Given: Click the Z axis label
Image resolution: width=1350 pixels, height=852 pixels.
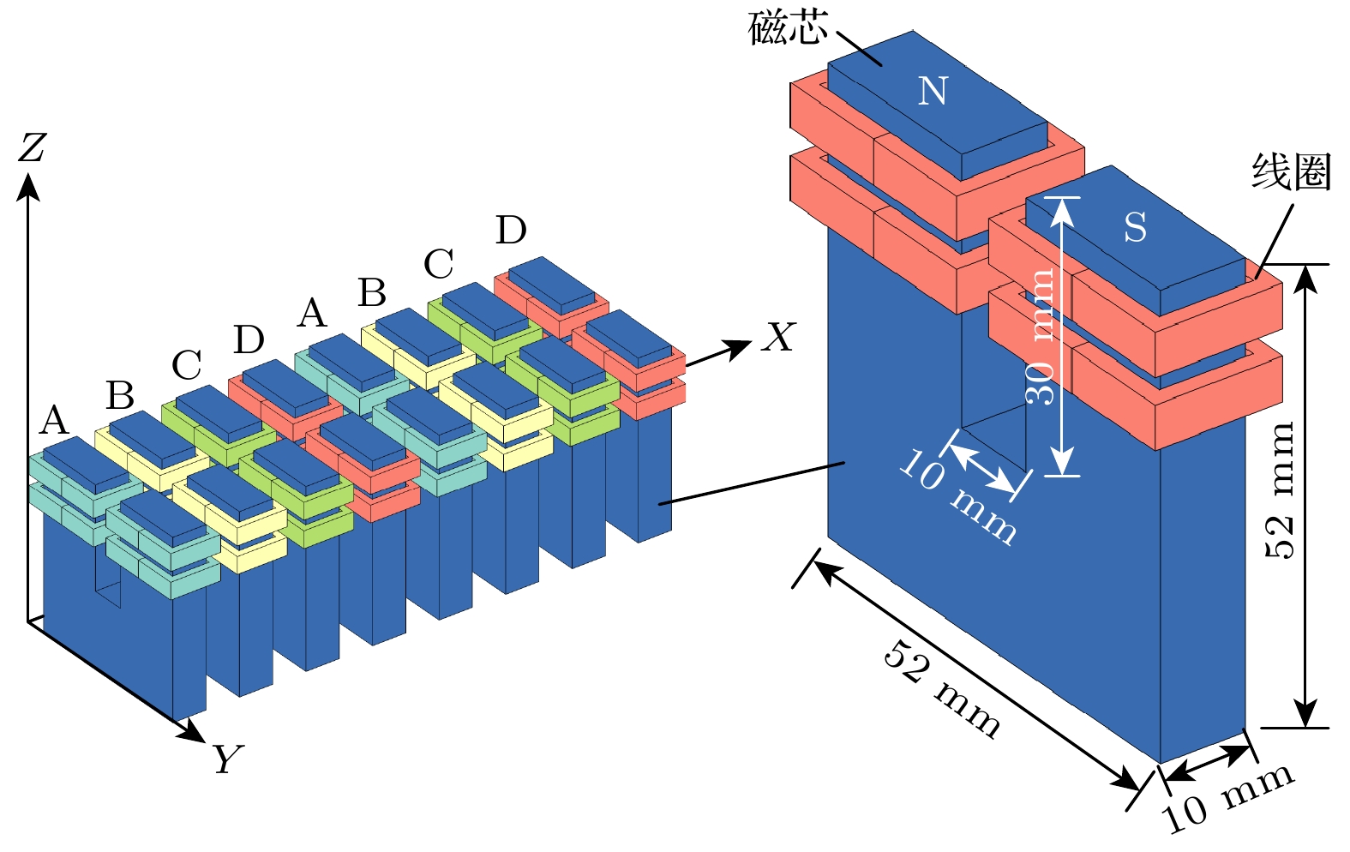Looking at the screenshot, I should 33,147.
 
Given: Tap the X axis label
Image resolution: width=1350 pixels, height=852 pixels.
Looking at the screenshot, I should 778,338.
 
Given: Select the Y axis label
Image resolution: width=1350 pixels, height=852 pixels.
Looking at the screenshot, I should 227,759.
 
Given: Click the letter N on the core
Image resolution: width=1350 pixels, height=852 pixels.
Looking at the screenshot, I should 933,91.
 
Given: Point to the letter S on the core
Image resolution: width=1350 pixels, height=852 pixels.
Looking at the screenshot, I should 1135,228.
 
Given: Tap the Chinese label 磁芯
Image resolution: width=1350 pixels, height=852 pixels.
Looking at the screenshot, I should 787,27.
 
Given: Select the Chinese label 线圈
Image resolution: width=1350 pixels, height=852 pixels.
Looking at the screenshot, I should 1290,173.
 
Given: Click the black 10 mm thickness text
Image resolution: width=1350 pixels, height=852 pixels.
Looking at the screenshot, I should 1227,796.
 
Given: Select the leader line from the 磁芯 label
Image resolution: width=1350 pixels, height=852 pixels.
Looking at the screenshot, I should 859,49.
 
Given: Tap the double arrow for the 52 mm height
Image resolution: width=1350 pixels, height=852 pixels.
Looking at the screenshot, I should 1305,495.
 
